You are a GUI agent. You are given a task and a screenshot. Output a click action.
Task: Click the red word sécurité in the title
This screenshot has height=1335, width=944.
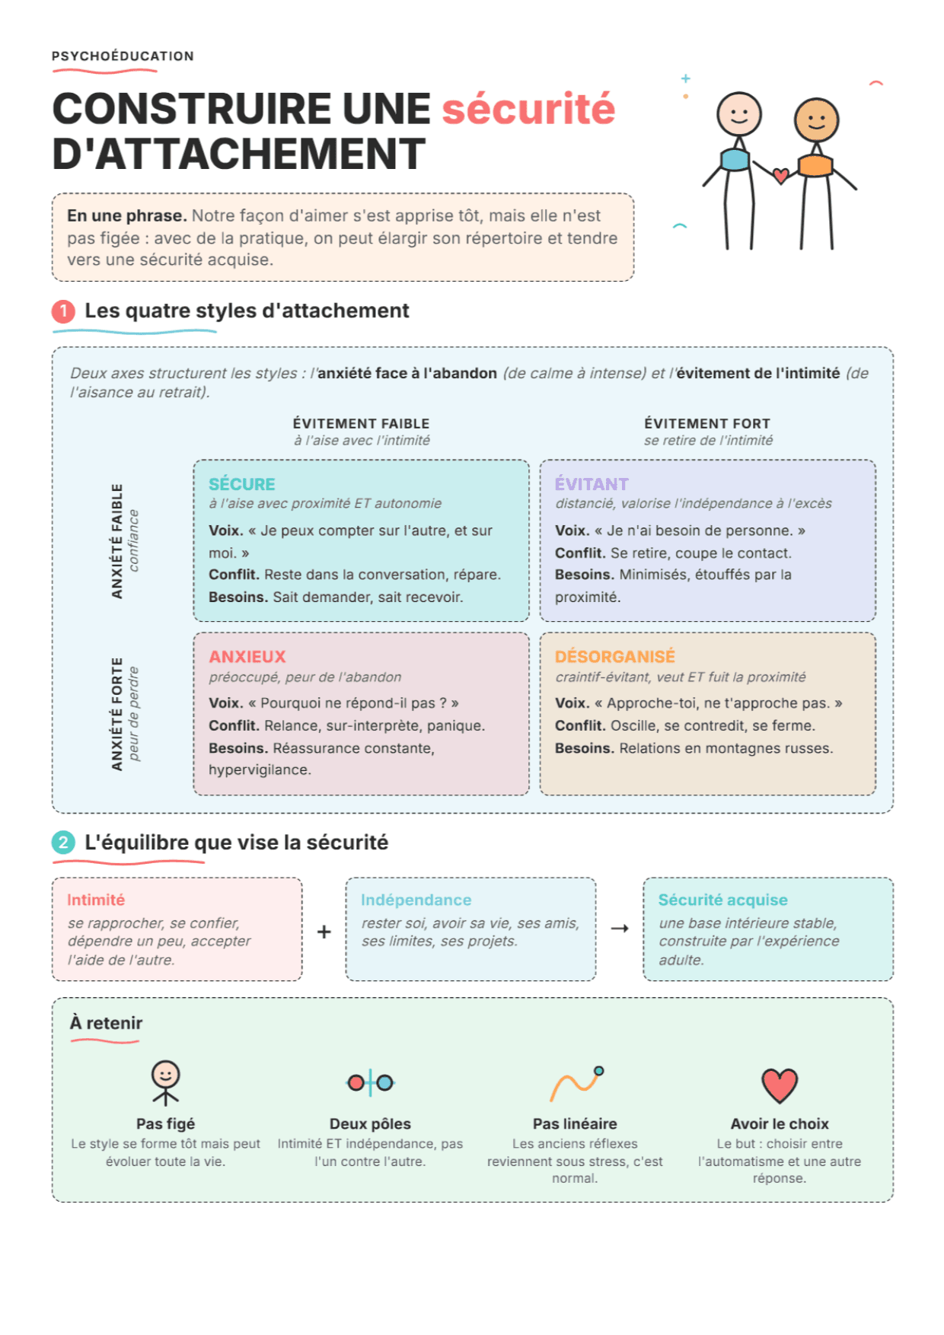point(528,109)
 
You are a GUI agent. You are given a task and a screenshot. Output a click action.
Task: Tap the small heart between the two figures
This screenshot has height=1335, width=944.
point(780,176)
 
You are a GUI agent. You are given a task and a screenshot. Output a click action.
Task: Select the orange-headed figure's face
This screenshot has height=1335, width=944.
point(816,120)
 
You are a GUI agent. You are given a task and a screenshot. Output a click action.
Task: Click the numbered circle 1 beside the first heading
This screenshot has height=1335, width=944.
point(63,311)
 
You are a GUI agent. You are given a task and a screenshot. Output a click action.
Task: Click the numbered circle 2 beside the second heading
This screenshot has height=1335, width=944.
point(63,843)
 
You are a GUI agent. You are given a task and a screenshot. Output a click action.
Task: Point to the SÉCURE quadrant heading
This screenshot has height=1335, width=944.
point(242,484)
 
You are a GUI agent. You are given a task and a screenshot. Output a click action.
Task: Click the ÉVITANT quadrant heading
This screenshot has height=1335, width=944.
point(592,484)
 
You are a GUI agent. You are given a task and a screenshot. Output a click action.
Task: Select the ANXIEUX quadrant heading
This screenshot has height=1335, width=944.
point(247,657)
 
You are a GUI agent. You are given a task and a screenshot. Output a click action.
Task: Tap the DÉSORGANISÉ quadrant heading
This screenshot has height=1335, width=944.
point(615,657)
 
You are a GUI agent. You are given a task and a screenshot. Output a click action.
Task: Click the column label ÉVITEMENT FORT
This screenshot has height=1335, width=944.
point(707,423)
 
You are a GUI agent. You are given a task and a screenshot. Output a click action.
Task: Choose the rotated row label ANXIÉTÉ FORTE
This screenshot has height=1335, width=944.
point(116,714)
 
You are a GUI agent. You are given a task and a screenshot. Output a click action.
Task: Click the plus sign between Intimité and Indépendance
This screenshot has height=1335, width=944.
point(324,932)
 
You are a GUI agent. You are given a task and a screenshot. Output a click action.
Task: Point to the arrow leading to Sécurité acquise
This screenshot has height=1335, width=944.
point(620,929)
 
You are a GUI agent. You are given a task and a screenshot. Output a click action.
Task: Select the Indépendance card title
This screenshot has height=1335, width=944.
point(416,900)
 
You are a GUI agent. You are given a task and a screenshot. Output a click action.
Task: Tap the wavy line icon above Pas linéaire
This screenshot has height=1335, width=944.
point(576,1084)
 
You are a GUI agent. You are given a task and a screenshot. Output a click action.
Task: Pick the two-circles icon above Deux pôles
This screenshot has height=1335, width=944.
point(370,1082)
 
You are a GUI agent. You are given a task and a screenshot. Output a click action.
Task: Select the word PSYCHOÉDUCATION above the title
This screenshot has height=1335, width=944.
point(123,56)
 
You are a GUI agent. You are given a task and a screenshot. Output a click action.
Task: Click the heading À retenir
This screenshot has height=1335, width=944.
point(106,1023)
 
